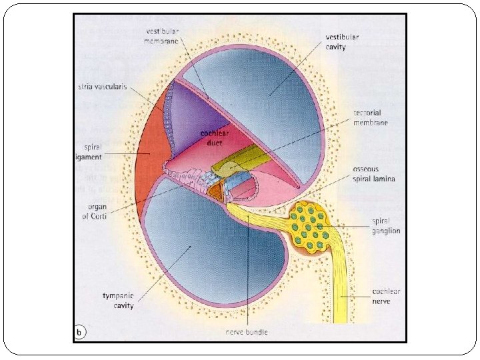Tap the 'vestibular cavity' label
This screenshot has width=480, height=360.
coord(341,42)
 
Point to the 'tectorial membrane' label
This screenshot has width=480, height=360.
coord(371,119)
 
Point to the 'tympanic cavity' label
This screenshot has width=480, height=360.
coord(117,301)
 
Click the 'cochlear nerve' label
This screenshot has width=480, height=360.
coord(386,297)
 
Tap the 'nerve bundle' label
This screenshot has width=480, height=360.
coord(247,331)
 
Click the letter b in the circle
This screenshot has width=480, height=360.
coord(80,331)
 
